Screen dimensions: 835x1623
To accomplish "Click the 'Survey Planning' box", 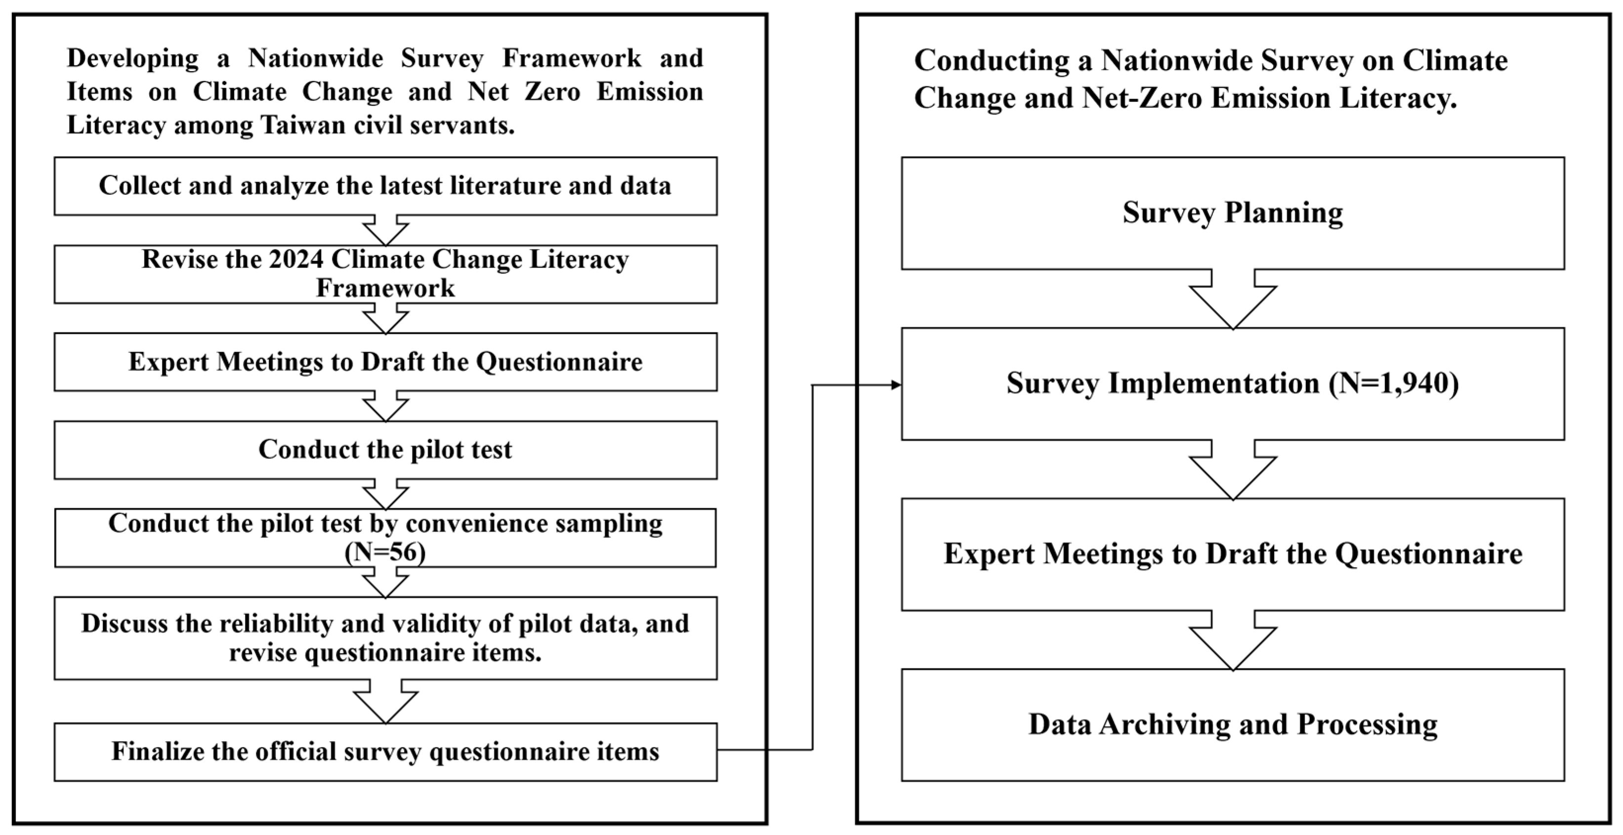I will pyautogui.click(x=1232, y=213).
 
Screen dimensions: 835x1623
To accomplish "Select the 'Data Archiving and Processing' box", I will pyautogui.click(x=1232, y=725).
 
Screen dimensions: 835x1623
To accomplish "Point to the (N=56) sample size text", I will pyautogui.click(x=385, y=553).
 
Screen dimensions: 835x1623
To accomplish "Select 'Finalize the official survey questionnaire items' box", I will pyautogui.click(x=385, y=752).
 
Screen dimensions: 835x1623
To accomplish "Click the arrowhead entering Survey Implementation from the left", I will pyautogui.click(x=896, y=384).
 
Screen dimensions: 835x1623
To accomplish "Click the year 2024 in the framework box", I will pyautogui.click(x=295, y=259).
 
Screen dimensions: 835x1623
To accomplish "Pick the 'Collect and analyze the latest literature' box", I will pyautogui.click(x=385, y=186).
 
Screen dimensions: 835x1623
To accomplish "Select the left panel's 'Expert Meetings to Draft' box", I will pyautogui.click(x=385, y=362).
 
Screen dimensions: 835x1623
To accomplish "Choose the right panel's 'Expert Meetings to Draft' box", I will pyautogui.click(x=1232, y=554).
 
